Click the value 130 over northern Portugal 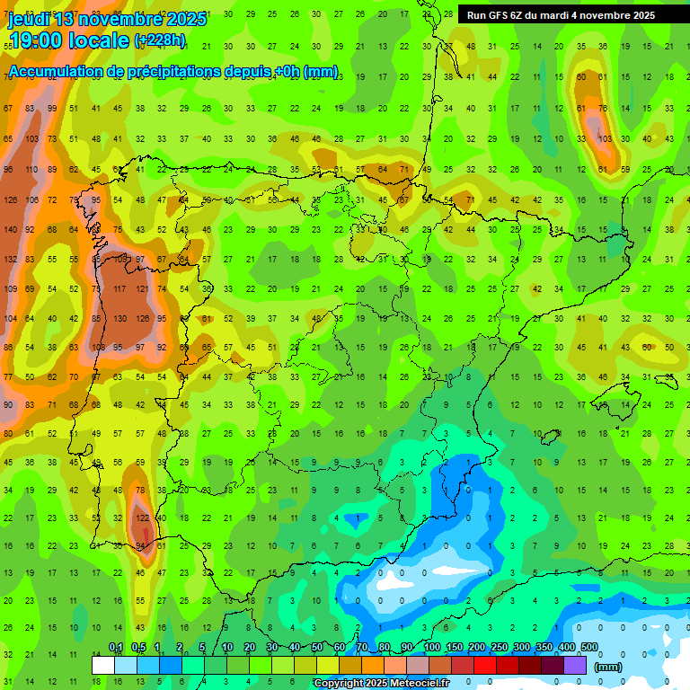tap(119, 318)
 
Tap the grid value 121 tap(141, 289)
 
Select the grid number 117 tap(119, 289)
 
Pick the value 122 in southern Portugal tap(141, 518)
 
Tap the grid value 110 tap(31, 169)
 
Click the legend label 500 tap(589, 648)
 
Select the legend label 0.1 tap(116, 648)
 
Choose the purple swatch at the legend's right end tap(576, 665)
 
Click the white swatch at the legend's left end tap(103, 665)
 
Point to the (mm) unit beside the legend tap(608, 667)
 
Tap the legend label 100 tap(431, 648)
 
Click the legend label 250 tap(499, 648)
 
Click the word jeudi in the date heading tap(29, 19)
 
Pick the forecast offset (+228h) tap(159, 40)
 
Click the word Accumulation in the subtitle tap(56, 72)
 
